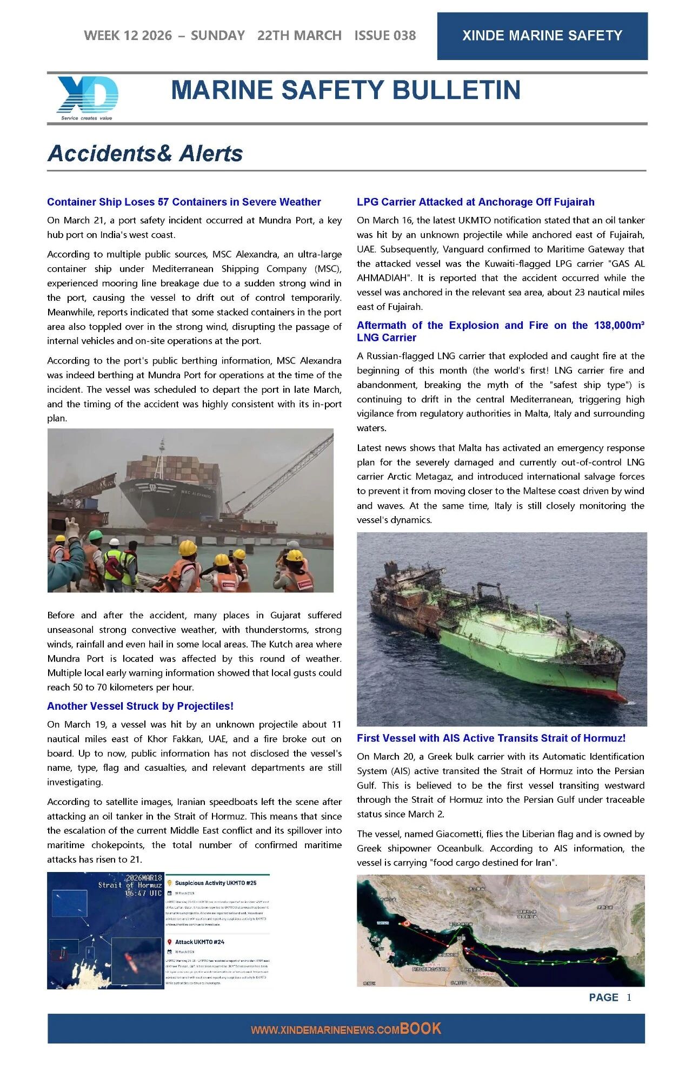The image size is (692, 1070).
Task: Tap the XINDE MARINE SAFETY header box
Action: tap(542, 36)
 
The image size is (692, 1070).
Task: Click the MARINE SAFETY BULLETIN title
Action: tap(345, 90)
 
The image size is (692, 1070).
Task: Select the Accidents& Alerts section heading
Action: tap(145, 154)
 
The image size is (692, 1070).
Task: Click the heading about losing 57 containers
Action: tap(184, 202)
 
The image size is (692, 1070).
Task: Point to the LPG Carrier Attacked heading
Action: tap(475, 202)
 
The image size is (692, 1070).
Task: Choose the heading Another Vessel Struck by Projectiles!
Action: tap(140, 706)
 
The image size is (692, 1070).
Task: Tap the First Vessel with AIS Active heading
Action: tap(491, 738)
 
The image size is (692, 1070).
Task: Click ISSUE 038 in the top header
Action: tap(385, 36)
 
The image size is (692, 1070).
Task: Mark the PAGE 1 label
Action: tap(610, 998)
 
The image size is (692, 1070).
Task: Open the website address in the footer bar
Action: tap(346, 1029)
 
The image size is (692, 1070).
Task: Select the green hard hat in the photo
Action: tap(95, 535)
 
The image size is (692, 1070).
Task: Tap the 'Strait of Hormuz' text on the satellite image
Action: tap(130, 885)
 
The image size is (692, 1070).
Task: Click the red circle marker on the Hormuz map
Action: tap(407, 923)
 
